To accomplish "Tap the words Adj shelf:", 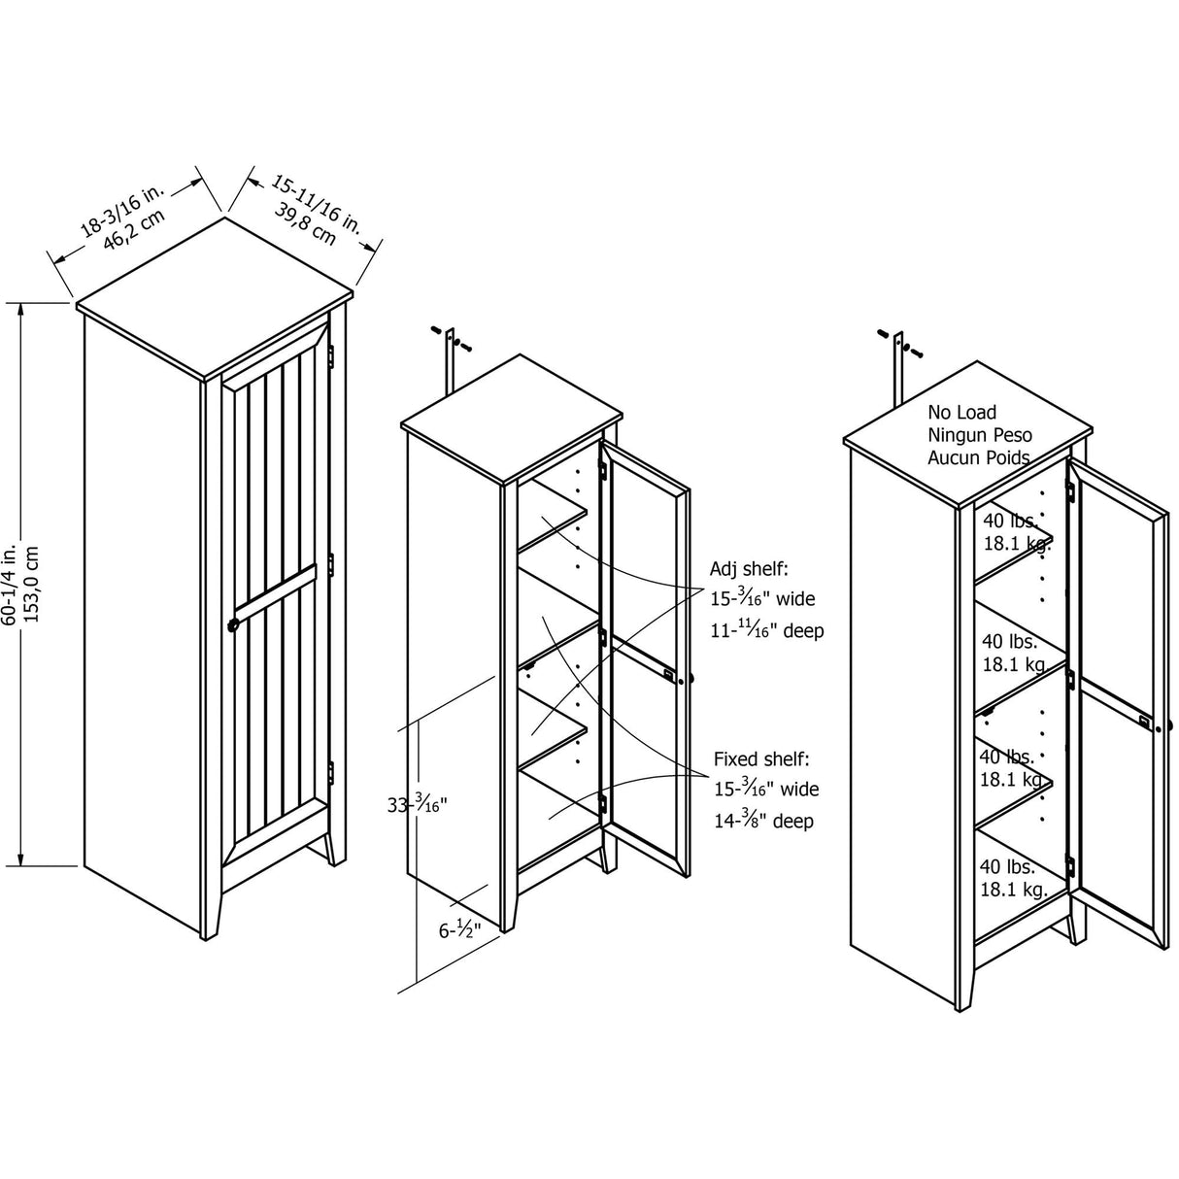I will pyautogui.click(x=749, y=567).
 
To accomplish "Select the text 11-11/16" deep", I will pyautogui.click(x=766, y=631).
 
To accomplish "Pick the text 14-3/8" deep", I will pyautogui.click(x=762, y=822).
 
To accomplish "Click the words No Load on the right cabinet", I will pyautogui.click(x=961, y=413).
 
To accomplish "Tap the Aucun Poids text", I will pyautogui.click(x=978, y=457).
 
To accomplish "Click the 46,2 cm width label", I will pyautogui.click(x=136, y=233).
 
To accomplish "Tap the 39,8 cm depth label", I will pyautogui.click(x=305, y=224).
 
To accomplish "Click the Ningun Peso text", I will pyautogui.click(x=979, y=435).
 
